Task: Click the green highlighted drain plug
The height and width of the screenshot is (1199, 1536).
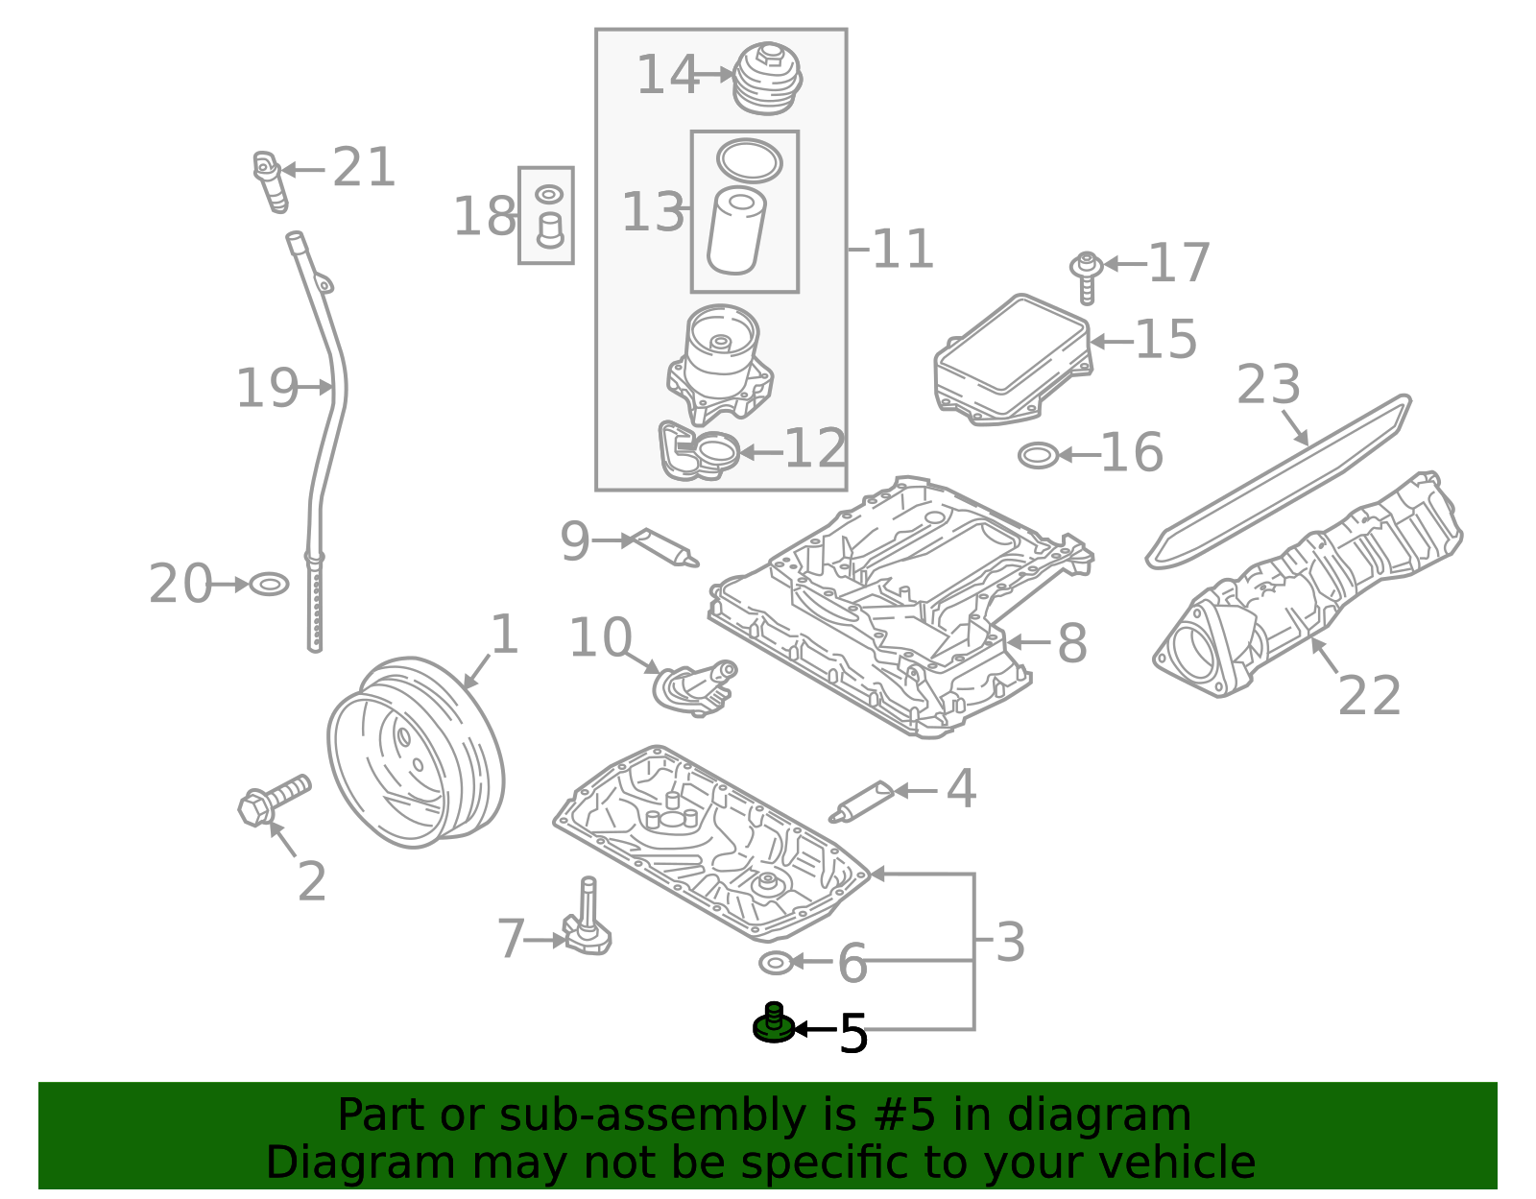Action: tap(774, 1023)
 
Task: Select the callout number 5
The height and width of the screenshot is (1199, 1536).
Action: tap(853, 1033)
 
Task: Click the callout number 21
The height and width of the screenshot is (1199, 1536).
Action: tap(363, 167)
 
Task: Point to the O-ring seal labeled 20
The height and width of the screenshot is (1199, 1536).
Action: tap(270, 585)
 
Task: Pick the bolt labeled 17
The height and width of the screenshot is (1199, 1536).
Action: tap(1087, 277)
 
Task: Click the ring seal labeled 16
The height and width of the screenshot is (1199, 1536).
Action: tap(1039, 456)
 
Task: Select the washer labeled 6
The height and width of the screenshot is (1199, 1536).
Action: tap(776, 962)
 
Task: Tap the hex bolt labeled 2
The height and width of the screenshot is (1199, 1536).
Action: tap(275, 800)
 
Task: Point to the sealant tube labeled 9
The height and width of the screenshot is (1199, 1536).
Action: tap(664, 547)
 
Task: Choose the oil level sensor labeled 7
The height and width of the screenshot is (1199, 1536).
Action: tap(587, 917)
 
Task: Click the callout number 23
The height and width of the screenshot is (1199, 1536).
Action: tap(1268, 385)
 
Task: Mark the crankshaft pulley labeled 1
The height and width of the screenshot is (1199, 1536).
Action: tap(416, 753)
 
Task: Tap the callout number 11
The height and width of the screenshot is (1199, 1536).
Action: tap(902, 250)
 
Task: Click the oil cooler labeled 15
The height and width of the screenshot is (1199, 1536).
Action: tap(1014, 360)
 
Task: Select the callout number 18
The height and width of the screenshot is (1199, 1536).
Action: tap(484, 216)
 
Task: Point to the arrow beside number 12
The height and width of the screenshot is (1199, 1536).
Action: tap(761, 451)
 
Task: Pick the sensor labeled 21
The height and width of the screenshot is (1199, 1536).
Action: tap(270, 181)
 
